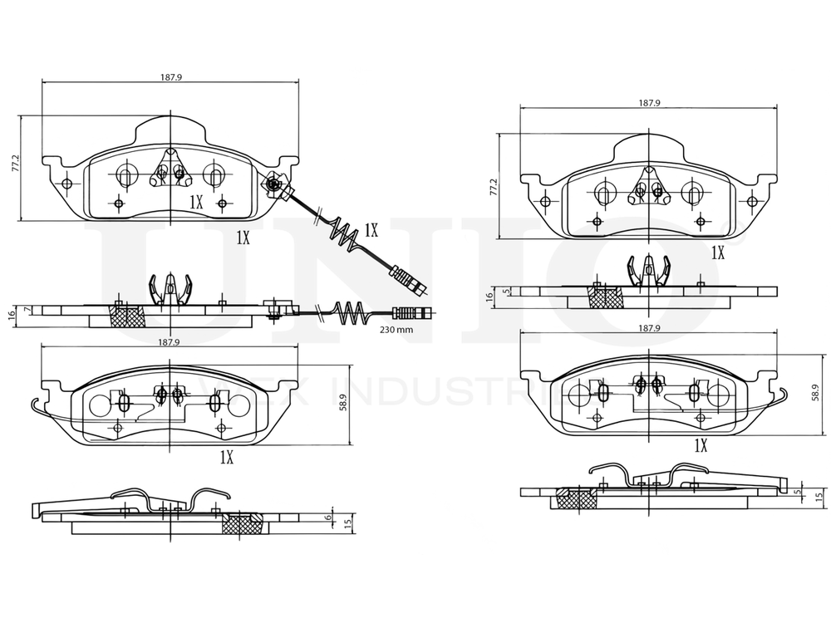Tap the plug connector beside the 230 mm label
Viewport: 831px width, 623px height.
pyautogui.click(x=411, y=313)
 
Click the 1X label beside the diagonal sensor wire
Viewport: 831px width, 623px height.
pyautogui.click(x=371, y=229)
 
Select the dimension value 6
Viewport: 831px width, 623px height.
pyautogui.click(x=328, y=517)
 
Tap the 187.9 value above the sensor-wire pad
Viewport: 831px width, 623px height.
pyautogui.click(x=170, y=77)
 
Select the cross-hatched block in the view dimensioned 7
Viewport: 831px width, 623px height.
pyautogui.click(x=129, y=315)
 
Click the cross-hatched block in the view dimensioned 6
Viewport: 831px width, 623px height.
pyautogui.click(x=244, y=523)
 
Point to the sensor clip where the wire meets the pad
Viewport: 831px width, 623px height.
pyautogui.click(x=275, y=184)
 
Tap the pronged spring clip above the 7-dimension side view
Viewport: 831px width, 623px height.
pyautogui.click(x=170, y=288)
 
